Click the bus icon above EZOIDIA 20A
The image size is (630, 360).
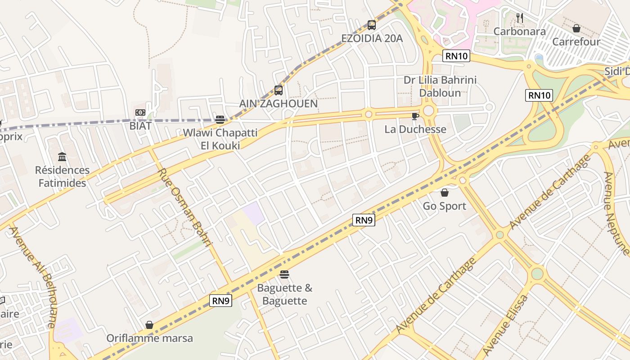[x=371, y=25]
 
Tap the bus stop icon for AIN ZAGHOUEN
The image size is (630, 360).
[x=279, y=90]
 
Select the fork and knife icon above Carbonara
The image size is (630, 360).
[x=520, y=18]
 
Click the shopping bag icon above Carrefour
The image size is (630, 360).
[x=576, y=28]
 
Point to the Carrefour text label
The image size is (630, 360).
[x=576, y=42]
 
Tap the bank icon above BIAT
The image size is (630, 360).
[x=140, y=112]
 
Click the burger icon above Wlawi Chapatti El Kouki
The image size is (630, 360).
[x=220, y=120]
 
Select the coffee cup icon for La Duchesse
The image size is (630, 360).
[x=415, y=117]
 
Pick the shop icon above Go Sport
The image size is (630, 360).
[x=445, y=193]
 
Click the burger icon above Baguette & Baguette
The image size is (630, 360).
[x=284, y=274]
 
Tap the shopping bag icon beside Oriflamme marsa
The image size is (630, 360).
[x=149, y=325]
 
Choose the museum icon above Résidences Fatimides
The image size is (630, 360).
[x=63, y=157]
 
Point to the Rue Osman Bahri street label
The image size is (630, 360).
[x=185, y=207]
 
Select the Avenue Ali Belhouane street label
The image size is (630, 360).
[x=33, y=277]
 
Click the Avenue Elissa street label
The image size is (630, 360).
[x=505, y=325]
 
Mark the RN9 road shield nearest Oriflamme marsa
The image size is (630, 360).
[x=220, y=301]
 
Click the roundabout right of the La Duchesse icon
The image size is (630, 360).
[x=428, y=110]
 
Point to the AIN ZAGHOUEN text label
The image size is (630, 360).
[x=278, y=103]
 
